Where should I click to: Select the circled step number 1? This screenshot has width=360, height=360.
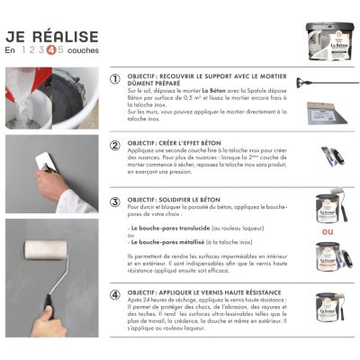(114, 79)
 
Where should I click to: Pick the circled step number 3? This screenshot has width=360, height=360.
(114, 202)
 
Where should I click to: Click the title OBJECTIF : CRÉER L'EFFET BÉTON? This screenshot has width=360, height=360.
(184, 144)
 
